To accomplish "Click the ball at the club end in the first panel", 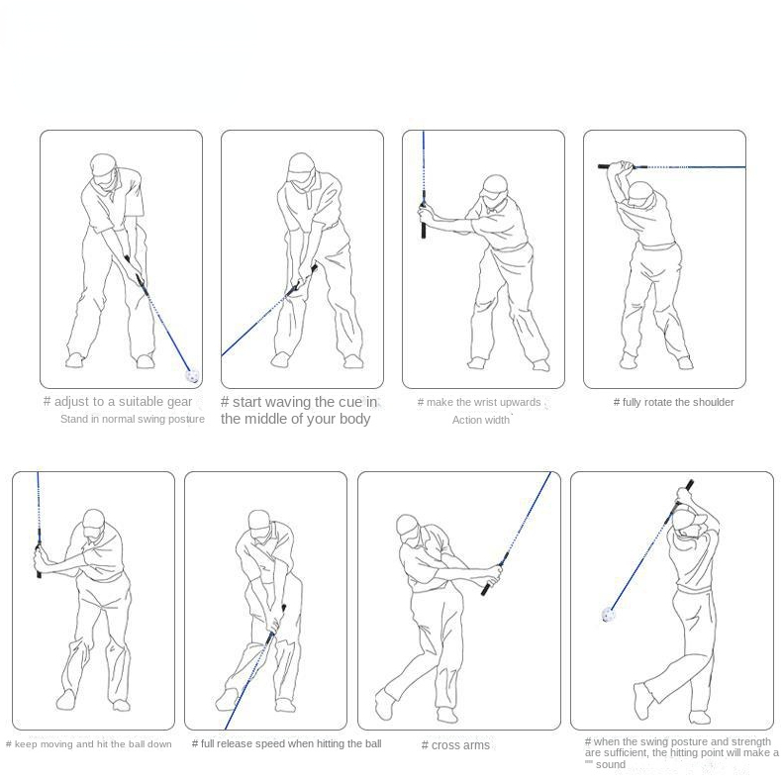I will click(193, 376).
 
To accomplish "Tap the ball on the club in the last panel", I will click(608, 615).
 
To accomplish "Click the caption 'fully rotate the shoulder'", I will click(674, 402).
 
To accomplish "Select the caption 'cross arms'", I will click(456, 745).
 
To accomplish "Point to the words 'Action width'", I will click(480, 420).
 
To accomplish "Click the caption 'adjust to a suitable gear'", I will click(118, 402).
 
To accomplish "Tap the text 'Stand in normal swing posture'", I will click(132, 419).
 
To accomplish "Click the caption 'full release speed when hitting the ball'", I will click(286, 743).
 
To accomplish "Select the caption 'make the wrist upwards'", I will click(479, 402).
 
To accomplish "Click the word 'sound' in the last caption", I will click(611, 765).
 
